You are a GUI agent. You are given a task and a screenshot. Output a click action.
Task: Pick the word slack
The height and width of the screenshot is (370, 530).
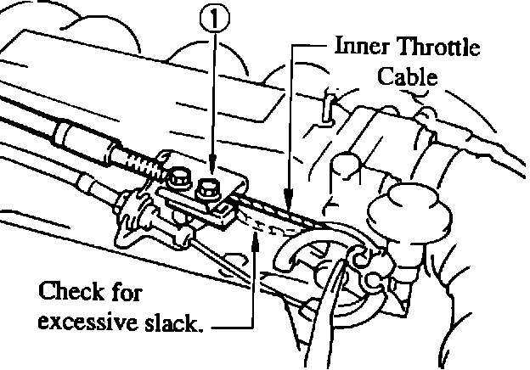(x=178, y=322)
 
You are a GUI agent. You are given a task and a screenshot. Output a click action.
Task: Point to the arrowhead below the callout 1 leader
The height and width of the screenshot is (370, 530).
(x=212, y=166)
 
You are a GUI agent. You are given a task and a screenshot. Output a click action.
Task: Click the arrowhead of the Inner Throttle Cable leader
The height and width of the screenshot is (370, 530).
(x=289, y=204)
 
